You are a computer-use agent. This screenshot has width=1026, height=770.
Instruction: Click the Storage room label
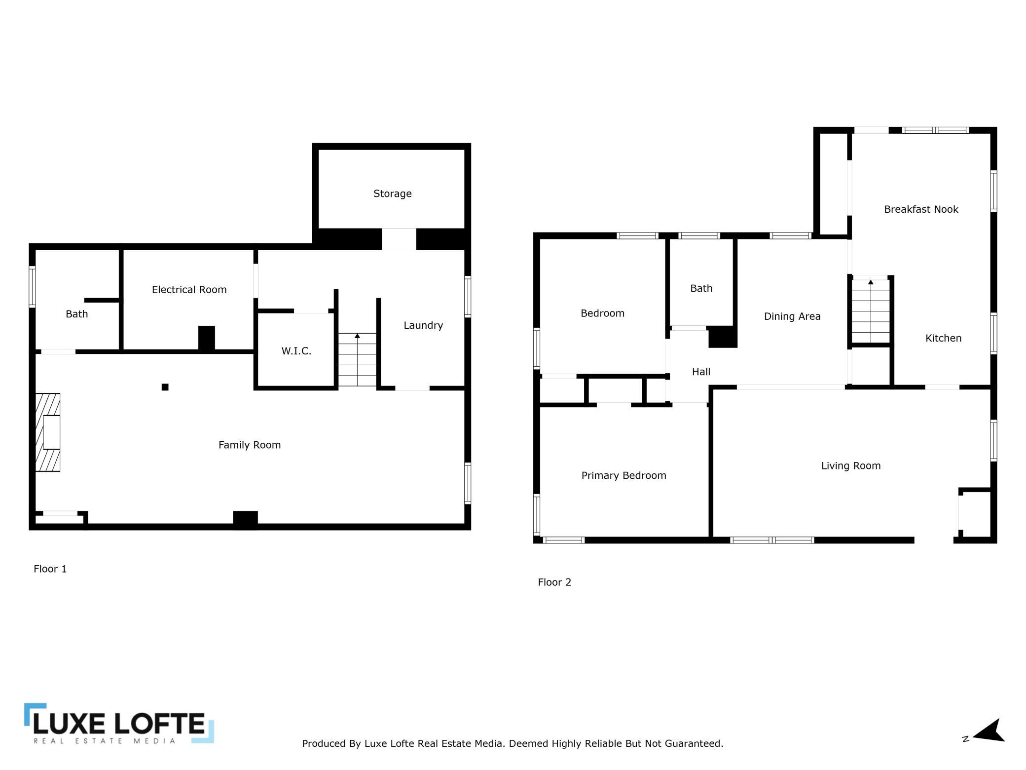pos(392,193)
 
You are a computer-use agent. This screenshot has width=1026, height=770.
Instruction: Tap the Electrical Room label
pos(189,290)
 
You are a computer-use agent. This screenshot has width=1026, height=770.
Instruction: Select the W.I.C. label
pos(296,351)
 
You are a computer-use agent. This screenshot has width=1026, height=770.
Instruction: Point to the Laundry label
pos(423,325)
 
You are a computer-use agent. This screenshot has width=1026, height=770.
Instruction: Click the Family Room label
pos(250,445)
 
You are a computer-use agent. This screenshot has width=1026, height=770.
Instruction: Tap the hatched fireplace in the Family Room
pos(48,432)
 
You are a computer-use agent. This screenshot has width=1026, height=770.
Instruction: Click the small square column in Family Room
pos(165,387)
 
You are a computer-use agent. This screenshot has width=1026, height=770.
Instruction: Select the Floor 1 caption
pos(50,569)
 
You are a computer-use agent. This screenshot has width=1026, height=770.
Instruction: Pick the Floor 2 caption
pos(554,582)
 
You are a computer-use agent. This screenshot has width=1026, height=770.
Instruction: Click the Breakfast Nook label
pos(921,209)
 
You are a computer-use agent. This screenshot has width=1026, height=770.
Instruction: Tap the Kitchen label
pos(943,338)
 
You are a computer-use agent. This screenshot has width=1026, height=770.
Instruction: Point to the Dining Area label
pos(792,316)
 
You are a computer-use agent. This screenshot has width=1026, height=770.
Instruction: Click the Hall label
pos(701,372)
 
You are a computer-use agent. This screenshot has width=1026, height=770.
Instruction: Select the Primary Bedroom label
pos(623,475)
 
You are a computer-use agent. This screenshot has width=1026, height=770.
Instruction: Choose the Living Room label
pos(851,465)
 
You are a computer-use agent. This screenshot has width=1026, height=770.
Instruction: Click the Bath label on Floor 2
pos(701,288)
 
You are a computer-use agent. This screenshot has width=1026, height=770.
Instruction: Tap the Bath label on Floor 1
pos(76,314)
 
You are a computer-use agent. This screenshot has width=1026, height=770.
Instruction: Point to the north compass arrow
pos(989,731)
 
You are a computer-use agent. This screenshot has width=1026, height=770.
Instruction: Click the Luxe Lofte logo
pos(119,724)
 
